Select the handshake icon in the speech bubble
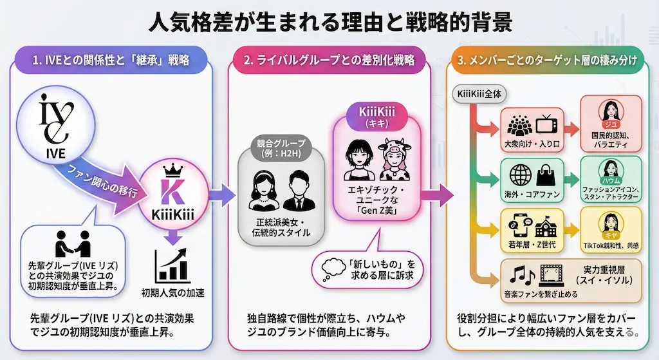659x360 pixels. tap(71, 243)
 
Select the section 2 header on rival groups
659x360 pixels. tap(329, 62)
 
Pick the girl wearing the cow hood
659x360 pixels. tap(394, 159)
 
